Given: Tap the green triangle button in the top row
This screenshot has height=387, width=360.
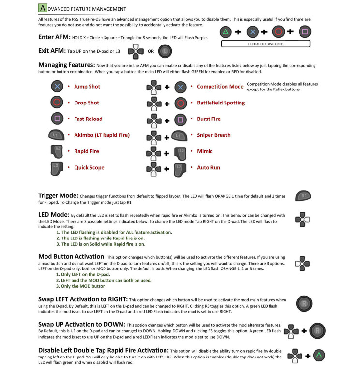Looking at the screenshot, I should tap(225, 33).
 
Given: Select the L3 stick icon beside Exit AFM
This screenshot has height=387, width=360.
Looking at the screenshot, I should tap(165, 50).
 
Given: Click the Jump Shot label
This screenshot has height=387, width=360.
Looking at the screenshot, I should tap(87, 87).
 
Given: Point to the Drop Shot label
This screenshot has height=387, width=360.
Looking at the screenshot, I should tap(87, 103).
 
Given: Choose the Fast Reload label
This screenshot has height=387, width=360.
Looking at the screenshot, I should tap(88, 119).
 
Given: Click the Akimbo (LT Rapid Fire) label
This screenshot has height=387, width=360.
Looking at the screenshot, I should tap(102, 135).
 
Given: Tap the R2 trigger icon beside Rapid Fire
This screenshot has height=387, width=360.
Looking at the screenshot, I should tap(57, 151).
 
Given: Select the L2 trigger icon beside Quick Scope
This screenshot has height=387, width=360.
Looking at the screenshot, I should tap(57, 168).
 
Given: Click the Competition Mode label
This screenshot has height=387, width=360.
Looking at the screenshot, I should tap(220, 87).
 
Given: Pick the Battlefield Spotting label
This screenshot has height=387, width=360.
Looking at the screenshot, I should tap(221, 103).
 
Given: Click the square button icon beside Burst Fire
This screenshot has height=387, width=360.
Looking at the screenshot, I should tap(180, 119).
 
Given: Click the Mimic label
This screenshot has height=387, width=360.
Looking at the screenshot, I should tap(205, 151).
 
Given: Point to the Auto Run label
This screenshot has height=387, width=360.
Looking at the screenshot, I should tap(209, 168).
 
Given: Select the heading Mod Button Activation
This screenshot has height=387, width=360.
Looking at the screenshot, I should tap(72, 256).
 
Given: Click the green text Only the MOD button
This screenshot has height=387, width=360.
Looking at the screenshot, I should tap(84, 286).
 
